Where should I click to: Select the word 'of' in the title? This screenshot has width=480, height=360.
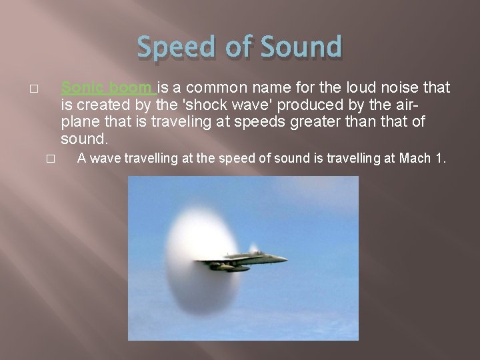236,47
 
